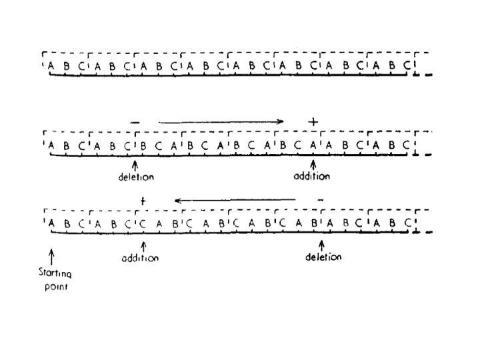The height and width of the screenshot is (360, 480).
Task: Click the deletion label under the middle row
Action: pos(137,177)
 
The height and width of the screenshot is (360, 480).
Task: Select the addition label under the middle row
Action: pos(312,177)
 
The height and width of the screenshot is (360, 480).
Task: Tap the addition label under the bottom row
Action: pos(141,258)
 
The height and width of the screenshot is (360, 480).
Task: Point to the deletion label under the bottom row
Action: pos(323,257)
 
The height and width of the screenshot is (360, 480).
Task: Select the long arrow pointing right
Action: pos(221,122)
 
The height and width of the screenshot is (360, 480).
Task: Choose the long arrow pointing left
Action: pos(235,199)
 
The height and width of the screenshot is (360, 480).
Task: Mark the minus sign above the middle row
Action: pos(136,123)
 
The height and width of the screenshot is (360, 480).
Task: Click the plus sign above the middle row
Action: pos(313,122)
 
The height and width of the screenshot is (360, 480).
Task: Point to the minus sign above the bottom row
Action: pos(321,199)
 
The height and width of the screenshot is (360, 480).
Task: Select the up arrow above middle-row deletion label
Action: pos(136,164)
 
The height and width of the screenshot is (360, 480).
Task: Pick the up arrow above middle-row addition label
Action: pos(313,164)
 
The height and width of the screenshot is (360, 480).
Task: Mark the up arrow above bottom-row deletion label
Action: pos(323,245)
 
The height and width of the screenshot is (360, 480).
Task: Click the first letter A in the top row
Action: pos(51,67)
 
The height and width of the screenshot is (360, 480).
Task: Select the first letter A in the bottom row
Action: pos(51,224)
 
